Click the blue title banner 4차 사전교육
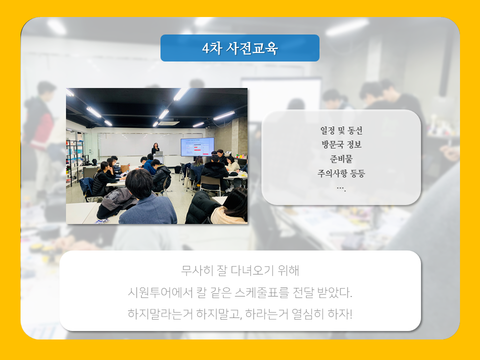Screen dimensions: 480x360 239,48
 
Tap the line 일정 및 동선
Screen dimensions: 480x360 341,130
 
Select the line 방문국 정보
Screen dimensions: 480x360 341,144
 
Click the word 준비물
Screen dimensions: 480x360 341,159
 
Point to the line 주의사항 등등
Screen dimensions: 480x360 341,173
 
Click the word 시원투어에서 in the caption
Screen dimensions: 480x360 160,292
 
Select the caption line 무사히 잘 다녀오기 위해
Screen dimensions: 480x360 240,270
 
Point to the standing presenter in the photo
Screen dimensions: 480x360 155,149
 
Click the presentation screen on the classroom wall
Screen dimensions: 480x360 197,147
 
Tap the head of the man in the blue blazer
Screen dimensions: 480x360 139,183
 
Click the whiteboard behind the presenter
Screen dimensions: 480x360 139,144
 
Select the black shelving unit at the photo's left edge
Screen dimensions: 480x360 74,162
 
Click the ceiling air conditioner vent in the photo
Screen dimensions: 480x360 168,123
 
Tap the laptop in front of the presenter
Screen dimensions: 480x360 159,153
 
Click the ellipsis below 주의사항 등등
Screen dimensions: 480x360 341,188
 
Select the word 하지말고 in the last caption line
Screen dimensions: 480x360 219,314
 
